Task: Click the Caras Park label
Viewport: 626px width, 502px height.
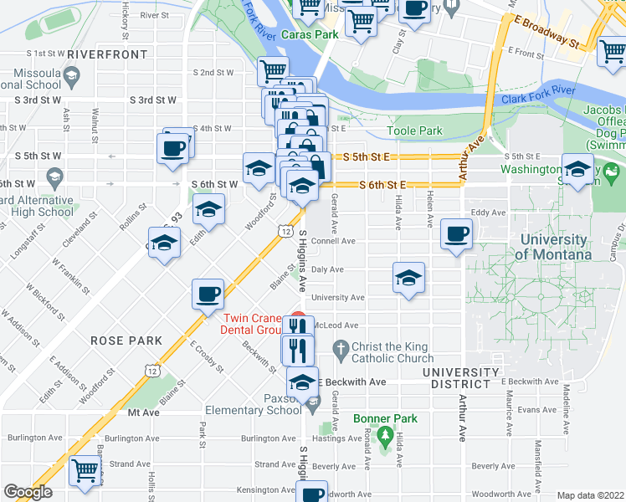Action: pyautogui.click(x=310, y=34)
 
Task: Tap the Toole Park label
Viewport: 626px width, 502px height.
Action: pyautogui.click(x=415, y=131)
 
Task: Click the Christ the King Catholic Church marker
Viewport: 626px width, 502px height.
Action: pyautogui.click(x=341, y=347)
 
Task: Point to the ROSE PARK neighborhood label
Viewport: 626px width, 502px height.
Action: pyautogui.click(x=117, y=341)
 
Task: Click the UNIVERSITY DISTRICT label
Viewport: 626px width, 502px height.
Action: pyautogui.click(x=456, y=377)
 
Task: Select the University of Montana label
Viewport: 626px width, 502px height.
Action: pyautogui.click(x=552, y=247)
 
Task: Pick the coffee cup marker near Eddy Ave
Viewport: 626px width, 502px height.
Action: pyautogui.click(x=456, y=234)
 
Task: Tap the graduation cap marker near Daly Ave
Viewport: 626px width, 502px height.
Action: pyautogui.click(x=408, y=277)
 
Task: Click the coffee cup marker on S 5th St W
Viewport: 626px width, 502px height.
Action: pyautogui.click(x=173, y=149)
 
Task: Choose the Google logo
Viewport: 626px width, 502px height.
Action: pyautogui.click(x=28, y=492)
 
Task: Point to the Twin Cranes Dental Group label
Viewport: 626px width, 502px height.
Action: pyautogui.click(x=256, y=324)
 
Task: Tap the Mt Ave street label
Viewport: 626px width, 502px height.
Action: pyautogui.click(x=143, y=412)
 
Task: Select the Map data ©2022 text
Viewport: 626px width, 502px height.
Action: pyautogui.click(x=590, y=495)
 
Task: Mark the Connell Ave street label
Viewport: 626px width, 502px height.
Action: pyautogui.click(x=334, y=240)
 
